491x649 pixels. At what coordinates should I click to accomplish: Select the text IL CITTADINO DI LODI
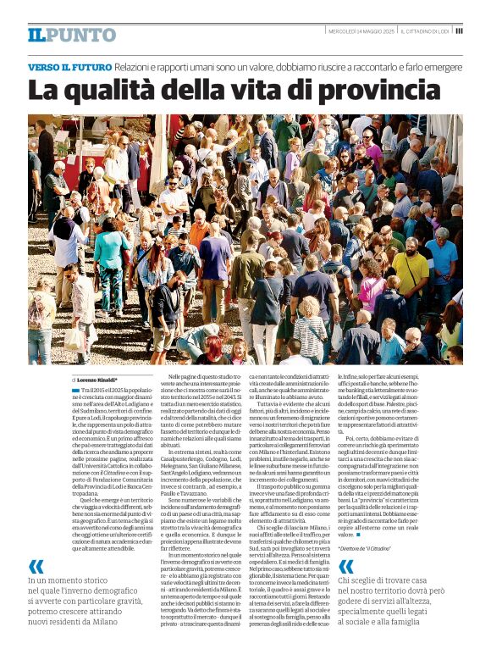426,31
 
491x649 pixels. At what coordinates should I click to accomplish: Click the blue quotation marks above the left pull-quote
36,566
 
